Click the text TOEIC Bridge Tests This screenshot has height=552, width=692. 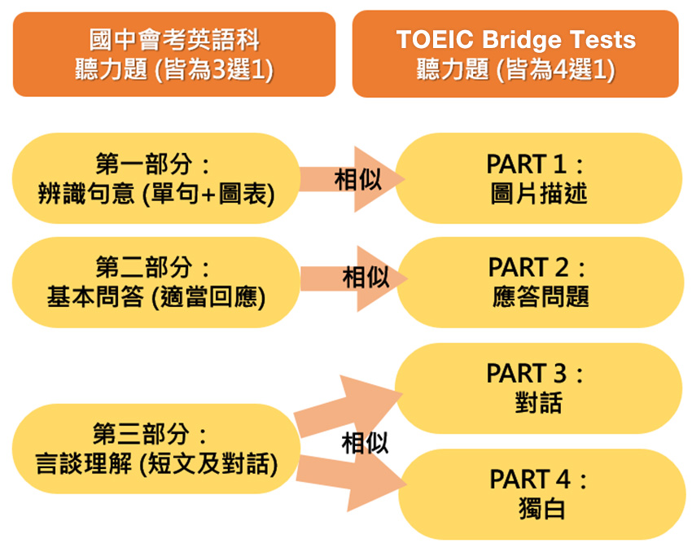[x=515, y=40]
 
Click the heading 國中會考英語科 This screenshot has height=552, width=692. [x=174, y=40]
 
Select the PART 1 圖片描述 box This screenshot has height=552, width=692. [x=538, y=178]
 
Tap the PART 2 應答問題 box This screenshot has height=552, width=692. [x=540, y=282]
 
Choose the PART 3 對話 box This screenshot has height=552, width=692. [x=538, y=388]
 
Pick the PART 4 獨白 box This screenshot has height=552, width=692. [x=542, y=494]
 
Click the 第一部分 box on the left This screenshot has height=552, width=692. [x=156, y=178]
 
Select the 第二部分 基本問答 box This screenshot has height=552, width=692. [x=156, y=282]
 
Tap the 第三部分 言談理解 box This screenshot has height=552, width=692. [x=156, y=449]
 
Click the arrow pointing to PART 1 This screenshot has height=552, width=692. [x=352, y=179]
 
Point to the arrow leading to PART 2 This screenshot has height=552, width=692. [x=353, y=279]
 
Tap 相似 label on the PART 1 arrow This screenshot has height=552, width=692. [x=357, y=180]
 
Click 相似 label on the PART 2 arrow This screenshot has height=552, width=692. [x=366, y=277]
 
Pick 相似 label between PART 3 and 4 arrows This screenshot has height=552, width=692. [x=365, y=443]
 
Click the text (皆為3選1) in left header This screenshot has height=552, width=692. [x=214, y=70]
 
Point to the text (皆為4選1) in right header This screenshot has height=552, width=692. [x=555, y=70]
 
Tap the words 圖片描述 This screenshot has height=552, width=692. [x=538, y=194]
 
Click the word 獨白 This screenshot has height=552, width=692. [x=541, y=509]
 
